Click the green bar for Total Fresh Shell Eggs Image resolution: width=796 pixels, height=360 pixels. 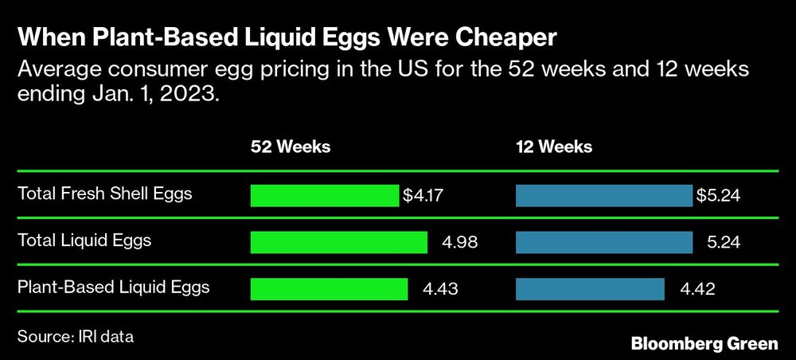[x=324, y=195]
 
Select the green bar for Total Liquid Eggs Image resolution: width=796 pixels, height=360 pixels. [x=338, y=242]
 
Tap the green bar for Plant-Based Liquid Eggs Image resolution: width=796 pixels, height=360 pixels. [x=329, y=288]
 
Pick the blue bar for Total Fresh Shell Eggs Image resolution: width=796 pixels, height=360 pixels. [x=604, y=195]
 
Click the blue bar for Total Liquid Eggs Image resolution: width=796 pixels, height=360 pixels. [x=604, y=242]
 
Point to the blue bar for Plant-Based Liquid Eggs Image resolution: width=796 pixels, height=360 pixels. [x=590, y=288]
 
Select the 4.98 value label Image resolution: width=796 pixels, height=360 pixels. [x=458, y=242]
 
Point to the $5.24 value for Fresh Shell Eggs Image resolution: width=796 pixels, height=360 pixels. [x=719, y=195]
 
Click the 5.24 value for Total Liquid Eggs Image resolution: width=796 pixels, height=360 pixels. [x=723, y=242]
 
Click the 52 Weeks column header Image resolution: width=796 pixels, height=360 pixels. [x=291, y=147]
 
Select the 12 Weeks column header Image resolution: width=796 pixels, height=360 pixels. [x=554, y=147]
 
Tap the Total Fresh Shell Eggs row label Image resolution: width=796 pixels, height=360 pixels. [x=104, y=194]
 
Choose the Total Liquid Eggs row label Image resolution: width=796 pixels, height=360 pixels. [x=84, y=240]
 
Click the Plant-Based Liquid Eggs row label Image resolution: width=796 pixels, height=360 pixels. [x=113, y=287]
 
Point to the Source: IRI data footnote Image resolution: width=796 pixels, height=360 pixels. [x=75, y=337]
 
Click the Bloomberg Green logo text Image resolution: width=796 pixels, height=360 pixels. [x=704, y=344]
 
